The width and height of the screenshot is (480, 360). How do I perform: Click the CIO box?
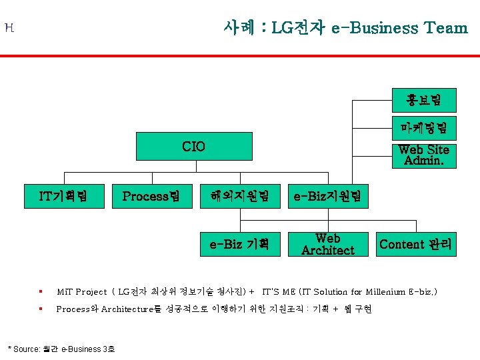point(194,147)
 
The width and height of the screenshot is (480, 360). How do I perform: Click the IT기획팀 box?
point(64,196)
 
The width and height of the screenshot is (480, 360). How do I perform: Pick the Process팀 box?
point(151,196)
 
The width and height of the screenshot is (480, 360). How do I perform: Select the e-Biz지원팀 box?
point(327,196)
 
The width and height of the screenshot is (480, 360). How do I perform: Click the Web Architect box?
point(327,244)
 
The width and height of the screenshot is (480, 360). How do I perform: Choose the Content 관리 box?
point(415,244)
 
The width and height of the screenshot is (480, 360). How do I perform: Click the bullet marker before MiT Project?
point(41,291)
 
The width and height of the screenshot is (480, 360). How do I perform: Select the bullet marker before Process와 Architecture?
point(41,309)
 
